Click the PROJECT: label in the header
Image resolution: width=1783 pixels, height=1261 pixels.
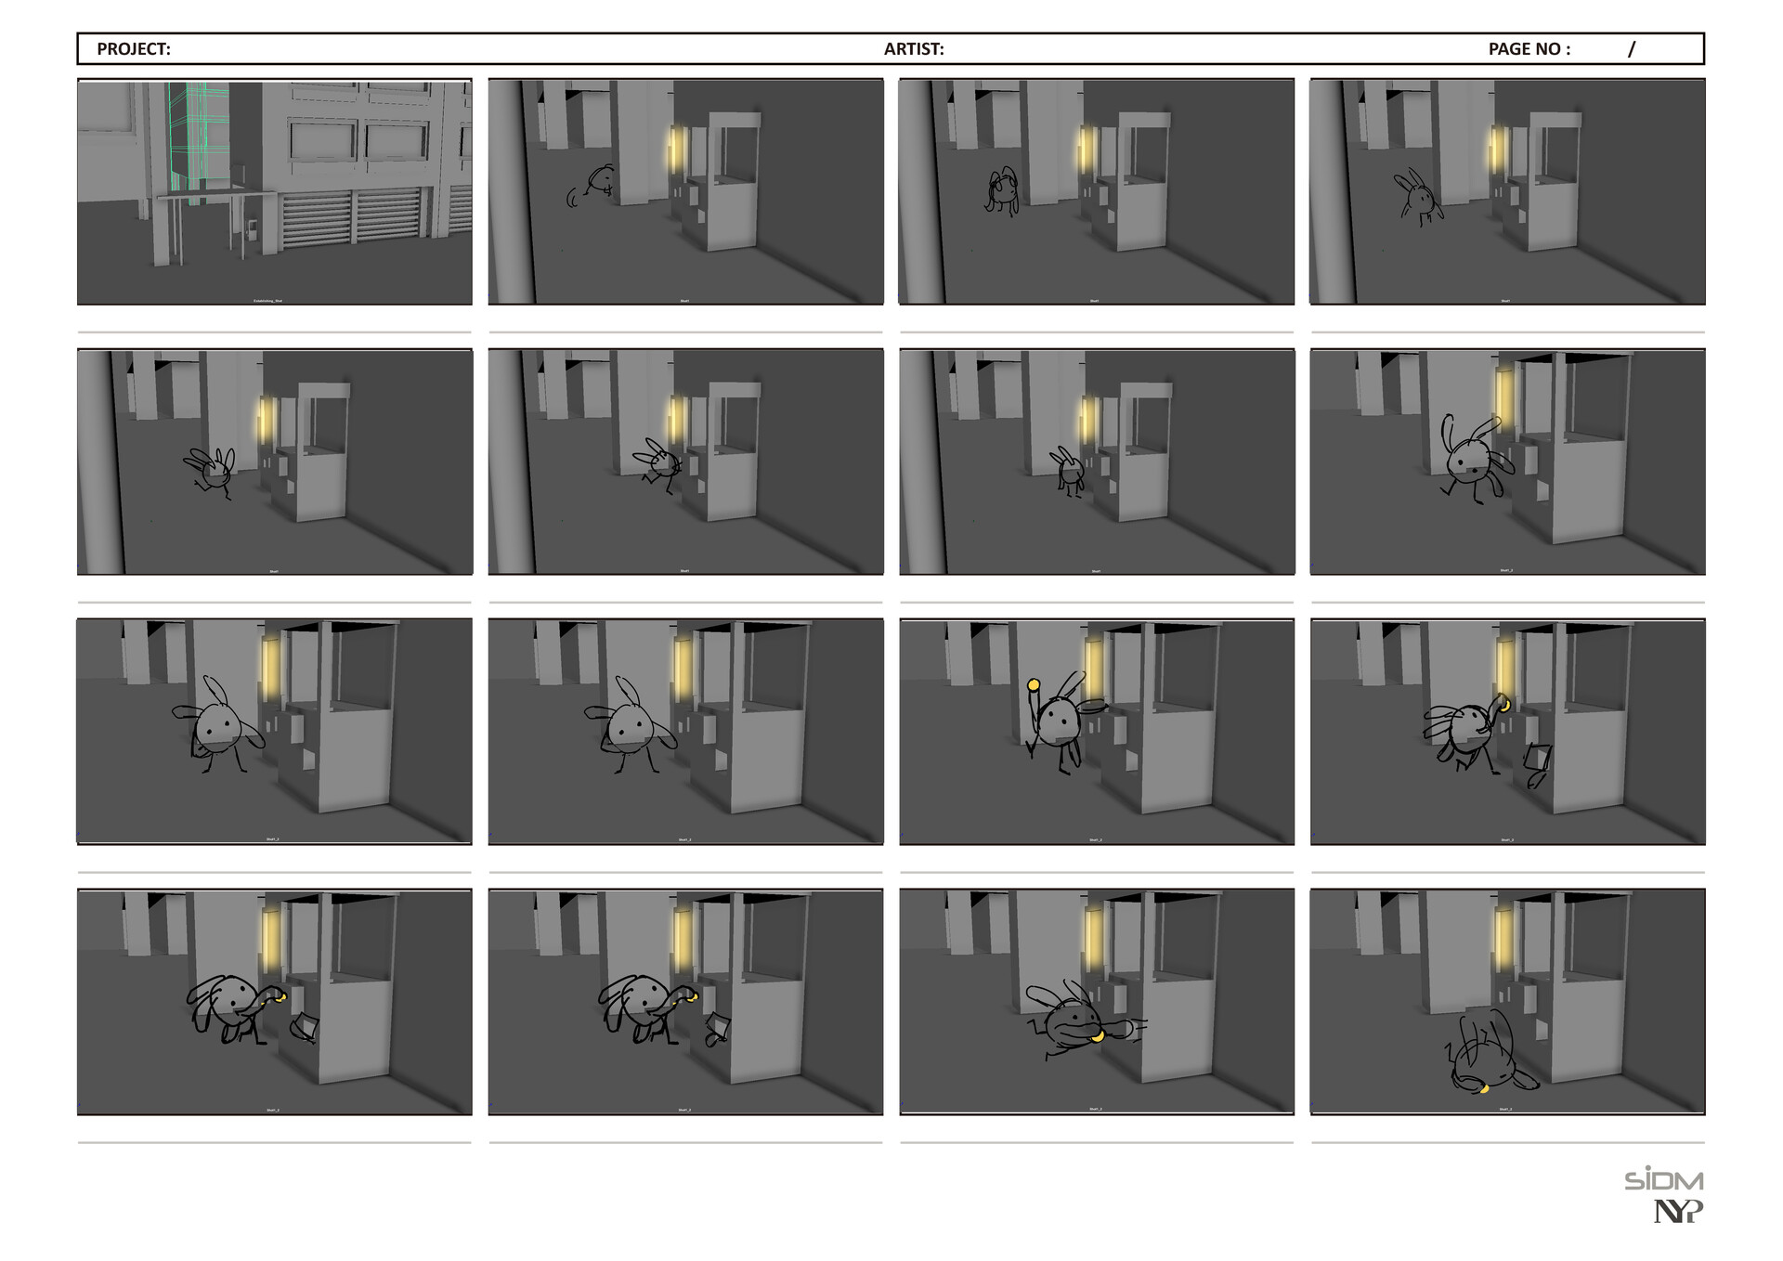coord(134,49)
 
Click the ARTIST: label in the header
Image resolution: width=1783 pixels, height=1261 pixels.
coord(914,49)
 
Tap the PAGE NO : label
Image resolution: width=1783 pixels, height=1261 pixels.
coord(1529,49)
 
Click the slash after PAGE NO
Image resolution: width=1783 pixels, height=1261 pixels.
coord(1632,49)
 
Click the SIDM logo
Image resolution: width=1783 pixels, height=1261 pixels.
coord(1663,1179)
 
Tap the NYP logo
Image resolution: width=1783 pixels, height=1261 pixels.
coord(1678,1211)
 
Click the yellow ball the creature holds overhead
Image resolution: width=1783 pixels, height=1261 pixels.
coord(1033,685)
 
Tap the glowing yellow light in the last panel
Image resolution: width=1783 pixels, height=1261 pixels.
coord(1503,938)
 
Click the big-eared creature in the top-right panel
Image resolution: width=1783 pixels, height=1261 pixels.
coord(1418,198)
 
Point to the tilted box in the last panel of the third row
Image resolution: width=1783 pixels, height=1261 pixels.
coord(1537,758)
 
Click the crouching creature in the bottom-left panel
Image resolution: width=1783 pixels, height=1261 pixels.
coord(228,1007)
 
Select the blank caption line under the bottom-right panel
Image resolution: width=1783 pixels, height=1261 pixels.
coord(1507,1142)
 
